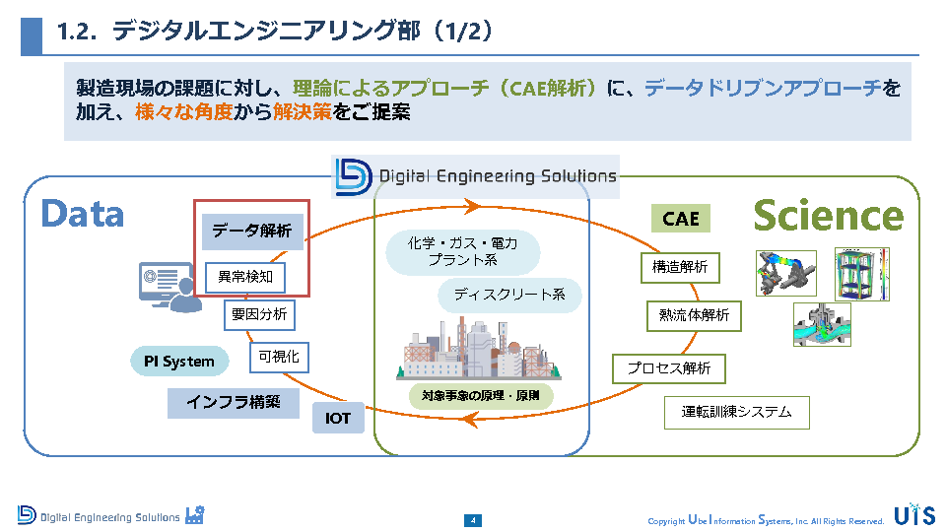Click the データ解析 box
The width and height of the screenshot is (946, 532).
252,232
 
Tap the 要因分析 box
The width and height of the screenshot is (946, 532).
259,315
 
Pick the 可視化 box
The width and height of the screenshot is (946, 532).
279,357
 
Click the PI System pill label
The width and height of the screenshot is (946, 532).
179,362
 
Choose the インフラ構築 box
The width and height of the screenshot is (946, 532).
234,402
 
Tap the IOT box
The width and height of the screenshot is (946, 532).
338,419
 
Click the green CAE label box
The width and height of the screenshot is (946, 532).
681,219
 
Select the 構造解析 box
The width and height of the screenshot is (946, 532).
680,266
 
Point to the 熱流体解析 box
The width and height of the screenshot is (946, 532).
695,315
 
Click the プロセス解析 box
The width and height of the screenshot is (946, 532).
669,368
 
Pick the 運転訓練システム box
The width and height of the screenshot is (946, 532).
737,412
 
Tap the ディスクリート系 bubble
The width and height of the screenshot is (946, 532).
509,294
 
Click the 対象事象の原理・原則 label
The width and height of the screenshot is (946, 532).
481,396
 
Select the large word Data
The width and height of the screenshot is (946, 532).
83,214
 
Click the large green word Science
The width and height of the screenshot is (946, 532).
828,216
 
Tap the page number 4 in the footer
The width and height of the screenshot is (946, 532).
473,520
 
